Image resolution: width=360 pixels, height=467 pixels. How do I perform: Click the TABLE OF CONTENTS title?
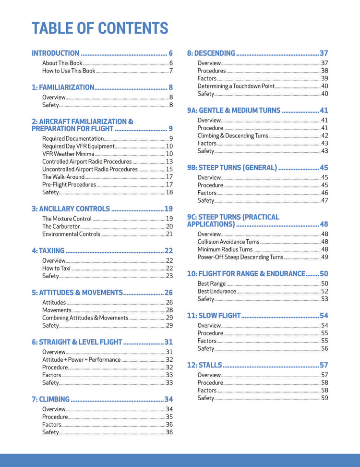[100, 28]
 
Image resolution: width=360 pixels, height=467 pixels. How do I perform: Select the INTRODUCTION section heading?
[56, 53]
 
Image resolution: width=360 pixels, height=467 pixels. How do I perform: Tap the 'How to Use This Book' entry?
[69, 71]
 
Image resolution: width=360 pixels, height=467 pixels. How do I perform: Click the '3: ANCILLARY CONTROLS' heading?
[71, 209]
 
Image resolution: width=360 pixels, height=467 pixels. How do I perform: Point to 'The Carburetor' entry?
[61, 226]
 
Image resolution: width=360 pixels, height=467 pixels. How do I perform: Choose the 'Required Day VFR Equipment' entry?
[78, 146]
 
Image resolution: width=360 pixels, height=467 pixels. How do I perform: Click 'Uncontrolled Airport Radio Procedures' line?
[90, 169]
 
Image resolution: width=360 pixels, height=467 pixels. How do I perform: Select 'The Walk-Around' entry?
[63, 177]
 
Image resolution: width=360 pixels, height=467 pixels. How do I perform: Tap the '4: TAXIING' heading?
[48, 250]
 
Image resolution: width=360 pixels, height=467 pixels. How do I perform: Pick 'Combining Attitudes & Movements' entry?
[85, 318]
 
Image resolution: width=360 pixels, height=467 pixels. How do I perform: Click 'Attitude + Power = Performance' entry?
[81, 359]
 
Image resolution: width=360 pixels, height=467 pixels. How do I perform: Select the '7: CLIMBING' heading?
[51, 399]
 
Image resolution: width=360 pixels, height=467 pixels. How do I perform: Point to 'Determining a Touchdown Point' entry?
[236, 86]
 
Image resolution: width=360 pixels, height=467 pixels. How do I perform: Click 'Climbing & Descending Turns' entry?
[233, 135]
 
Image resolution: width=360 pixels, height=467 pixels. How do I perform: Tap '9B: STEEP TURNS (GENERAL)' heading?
[232, 168]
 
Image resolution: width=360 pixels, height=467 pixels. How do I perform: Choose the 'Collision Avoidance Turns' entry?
[228, 242]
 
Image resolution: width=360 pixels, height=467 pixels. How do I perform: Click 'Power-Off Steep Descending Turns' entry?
[240, 257]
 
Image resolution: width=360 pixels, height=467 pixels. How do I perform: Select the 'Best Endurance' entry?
[216, 291]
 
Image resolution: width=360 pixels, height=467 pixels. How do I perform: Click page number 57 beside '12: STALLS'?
[324, 365]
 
